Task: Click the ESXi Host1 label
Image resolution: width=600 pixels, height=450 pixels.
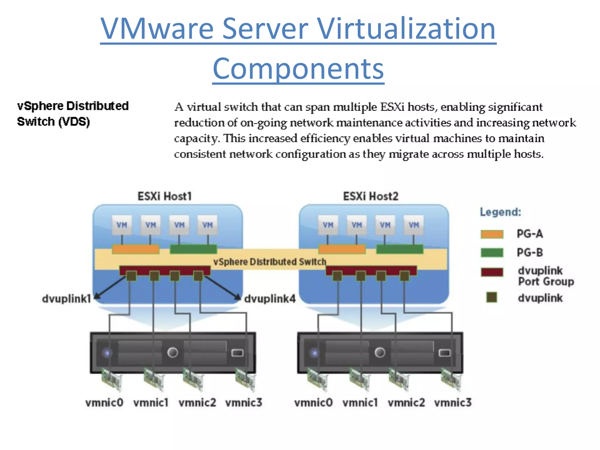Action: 164,196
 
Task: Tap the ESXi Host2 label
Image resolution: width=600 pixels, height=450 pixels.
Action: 371,196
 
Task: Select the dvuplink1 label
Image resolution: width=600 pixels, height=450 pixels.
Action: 67,299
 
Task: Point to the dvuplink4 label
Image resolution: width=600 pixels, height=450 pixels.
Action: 270,299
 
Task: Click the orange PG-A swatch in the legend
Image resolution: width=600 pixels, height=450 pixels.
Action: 492,234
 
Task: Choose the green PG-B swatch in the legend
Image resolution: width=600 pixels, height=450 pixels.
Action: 492,253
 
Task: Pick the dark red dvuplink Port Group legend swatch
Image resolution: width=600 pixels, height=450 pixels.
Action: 492,272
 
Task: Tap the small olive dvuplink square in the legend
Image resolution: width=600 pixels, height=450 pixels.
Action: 492,297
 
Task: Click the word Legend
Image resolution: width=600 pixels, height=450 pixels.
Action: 500,212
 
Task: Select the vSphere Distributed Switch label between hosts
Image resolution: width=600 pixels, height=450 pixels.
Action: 270,262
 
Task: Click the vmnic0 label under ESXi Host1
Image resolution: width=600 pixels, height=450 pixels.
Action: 104,403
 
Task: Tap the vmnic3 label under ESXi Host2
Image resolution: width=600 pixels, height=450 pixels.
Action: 453,403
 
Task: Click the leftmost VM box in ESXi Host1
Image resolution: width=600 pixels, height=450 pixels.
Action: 122,225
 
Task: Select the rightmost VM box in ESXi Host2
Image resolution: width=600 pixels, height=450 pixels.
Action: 414,225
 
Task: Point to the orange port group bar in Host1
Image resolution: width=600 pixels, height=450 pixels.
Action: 135,249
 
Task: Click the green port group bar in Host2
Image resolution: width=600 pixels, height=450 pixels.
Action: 400,249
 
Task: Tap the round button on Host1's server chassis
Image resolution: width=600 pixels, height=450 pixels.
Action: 173,352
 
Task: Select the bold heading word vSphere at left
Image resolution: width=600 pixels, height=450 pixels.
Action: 40,106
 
